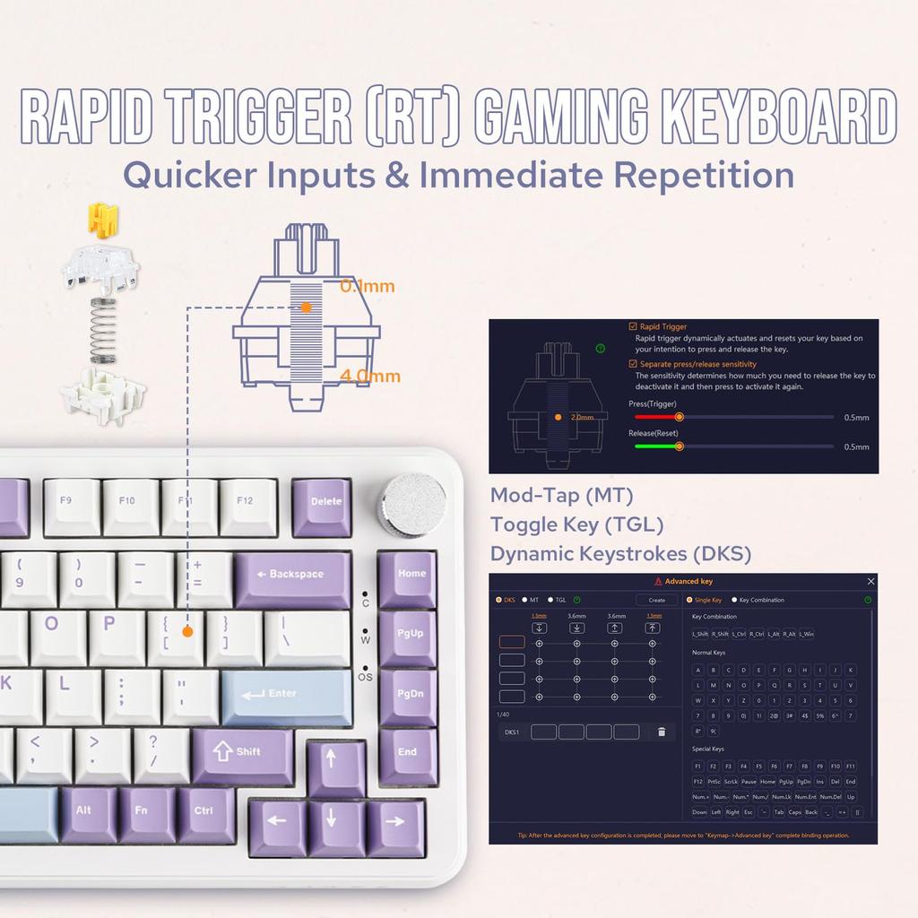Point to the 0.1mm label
click(368, 288)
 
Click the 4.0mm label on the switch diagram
click(370, 377)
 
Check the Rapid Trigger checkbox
click(634, 327)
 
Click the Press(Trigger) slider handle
click(679, 417)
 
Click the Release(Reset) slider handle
click(679, 446)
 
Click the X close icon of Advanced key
click(870, 582)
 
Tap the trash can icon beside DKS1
click(662, 732)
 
